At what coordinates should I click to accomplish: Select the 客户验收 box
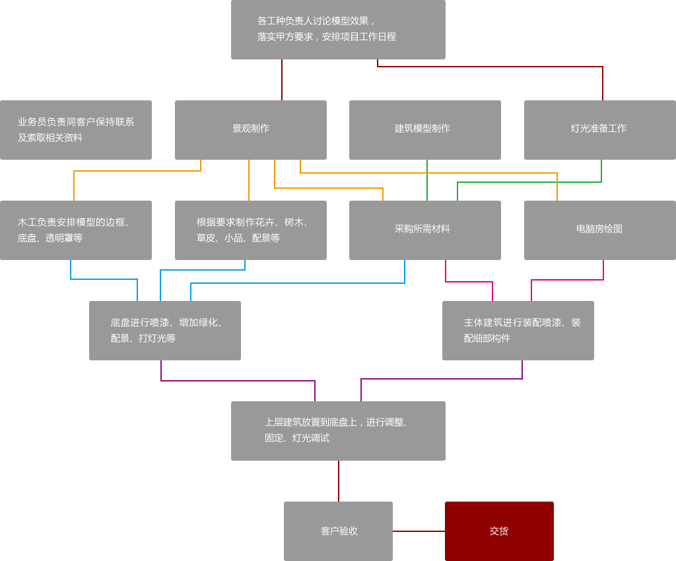(x=338, y=531)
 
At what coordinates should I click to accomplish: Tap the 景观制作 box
(x=251, y=130)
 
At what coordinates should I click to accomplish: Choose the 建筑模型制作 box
(x=425, y=130)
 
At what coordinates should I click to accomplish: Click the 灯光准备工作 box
(x=600, y=130)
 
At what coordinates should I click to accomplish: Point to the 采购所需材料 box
(x=425, y=230)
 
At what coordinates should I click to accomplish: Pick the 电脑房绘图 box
(x=600, y=230)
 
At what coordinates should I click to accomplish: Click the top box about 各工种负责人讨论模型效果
(x=338, y=30)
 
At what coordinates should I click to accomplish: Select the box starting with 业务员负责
(x=76, y=130)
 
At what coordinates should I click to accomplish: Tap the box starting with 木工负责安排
(x=76, y=230)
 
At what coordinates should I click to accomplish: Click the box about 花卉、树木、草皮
(x=251, y=230)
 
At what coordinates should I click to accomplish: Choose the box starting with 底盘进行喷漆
(x=165, y=331)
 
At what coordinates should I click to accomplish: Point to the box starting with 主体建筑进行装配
(x=518, y=331)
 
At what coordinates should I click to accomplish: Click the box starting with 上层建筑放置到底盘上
(x=338, y=431)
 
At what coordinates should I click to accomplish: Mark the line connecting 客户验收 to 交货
(x=419, y=531)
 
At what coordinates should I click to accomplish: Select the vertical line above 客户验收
(x=339, y=481)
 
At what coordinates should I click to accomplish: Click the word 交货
(x=499, y=531)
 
